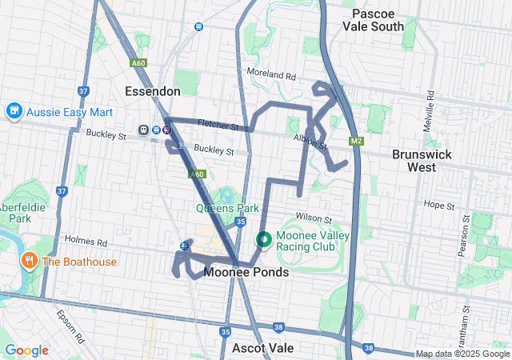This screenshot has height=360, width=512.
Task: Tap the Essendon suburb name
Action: click(x=152, y=91)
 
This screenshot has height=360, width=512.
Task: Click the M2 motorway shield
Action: click(x=355, y=142)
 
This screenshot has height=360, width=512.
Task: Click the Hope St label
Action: click(x=439, y=205)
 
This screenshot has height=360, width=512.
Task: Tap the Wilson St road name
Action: click(x=313, y=218)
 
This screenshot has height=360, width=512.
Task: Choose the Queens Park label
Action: click(x=227, y=208)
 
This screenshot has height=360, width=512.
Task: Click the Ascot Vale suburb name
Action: click(x=262, y=348)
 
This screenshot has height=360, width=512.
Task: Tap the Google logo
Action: click(x=26, y=350)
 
